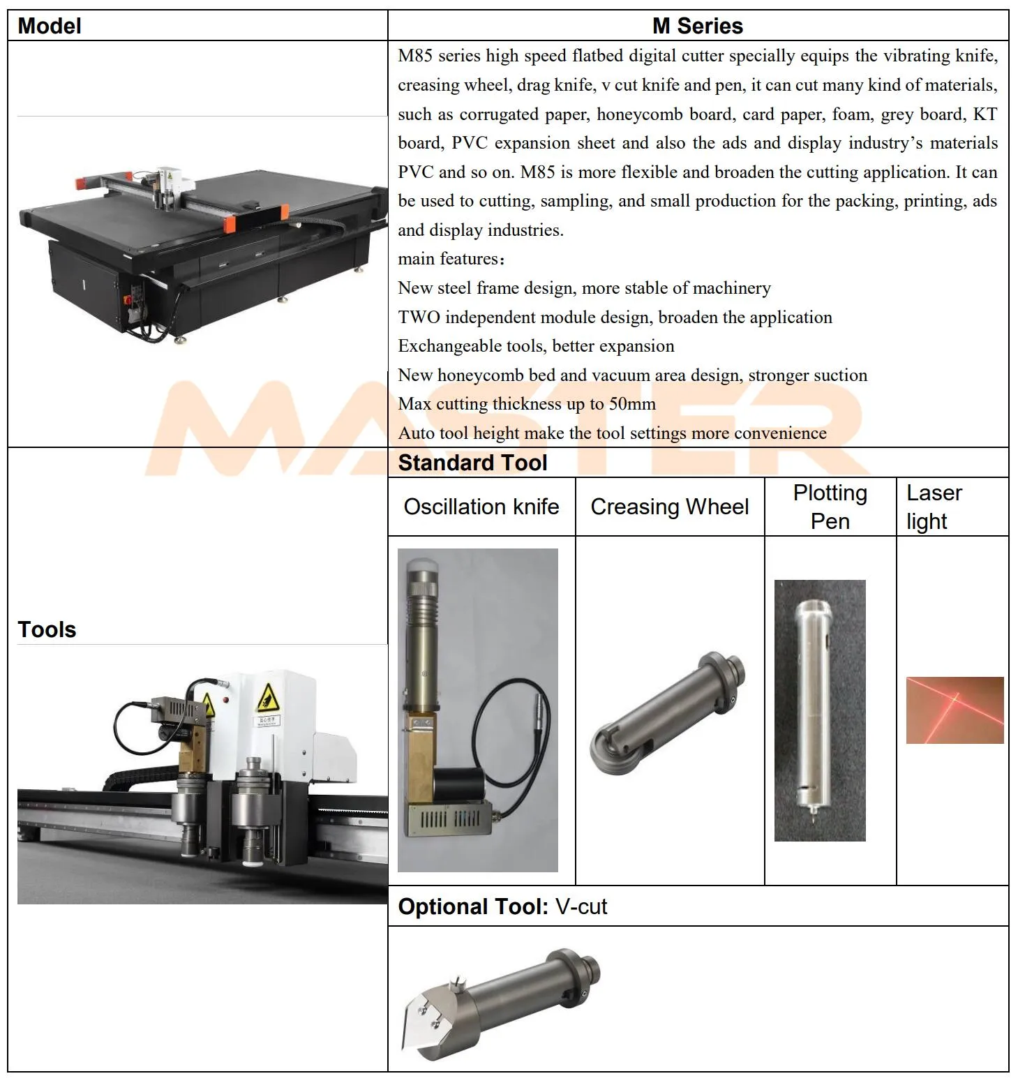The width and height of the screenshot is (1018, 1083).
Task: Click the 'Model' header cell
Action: [49, 26]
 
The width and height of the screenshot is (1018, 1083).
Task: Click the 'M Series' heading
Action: [697, 26]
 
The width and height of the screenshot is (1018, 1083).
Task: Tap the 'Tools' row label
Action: [47, 629]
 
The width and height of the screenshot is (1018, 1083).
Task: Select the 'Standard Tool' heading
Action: [472, 463]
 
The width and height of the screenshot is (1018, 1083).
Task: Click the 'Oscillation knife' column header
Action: [481, 507]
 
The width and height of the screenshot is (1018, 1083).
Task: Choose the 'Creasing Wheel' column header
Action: [669, 507]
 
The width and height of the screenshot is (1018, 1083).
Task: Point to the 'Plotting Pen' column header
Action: [830, 507]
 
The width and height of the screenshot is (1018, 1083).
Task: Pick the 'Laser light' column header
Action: [934, 507]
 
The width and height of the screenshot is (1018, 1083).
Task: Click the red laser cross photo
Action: [955, 710]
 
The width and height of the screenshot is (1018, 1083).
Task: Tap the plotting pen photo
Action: [819, 710]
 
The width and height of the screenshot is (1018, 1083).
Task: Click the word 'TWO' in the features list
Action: [419, 318]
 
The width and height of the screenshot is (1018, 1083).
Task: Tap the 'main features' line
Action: [450, 259]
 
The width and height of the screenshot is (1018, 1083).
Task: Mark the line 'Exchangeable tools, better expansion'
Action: [536, 346]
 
